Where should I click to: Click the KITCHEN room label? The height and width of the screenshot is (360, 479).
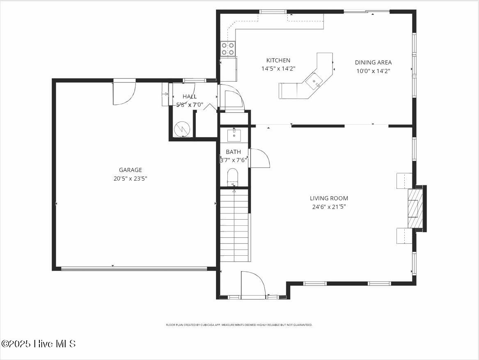pos(278,60)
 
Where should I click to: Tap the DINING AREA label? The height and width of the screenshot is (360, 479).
pos(373,62)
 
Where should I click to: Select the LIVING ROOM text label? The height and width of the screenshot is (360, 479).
pos(329,198)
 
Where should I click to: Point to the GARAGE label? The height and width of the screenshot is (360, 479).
pos(130,170)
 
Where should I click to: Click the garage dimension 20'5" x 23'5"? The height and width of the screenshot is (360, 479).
pos(130,179)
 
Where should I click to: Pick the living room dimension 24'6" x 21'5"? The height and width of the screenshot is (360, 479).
pos(329,207)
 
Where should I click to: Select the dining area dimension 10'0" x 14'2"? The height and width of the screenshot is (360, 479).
pos(373,71)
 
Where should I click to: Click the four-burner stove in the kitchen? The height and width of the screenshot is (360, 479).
pos(228,49)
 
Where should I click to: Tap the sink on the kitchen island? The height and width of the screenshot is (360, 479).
pos(314,80)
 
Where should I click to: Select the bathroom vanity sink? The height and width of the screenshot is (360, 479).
pos(234,135)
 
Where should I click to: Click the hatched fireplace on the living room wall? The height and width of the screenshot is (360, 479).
pos(414,208)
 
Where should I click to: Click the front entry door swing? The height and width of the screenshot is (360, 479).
pos(251,284)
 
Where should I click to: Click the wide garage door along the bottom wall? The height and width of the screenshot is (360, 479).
pos(134,269)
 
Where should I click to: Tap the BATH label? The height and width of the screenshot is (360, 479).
pos(233,152)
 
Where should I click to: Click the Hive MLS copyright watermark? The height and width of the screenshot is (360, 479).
pos(39,344)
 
